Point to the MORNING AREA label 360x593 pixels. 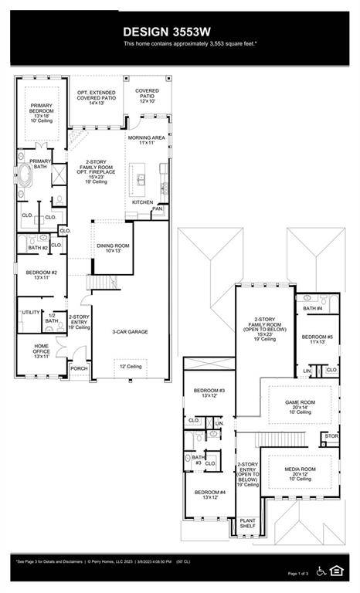[x=147, y=139]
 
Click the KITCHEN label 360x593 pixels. [x=142, y=202]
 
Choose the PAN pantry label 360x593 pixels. [x=158, y=208]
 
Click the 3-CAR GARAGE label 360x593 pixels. [x=130, y=332]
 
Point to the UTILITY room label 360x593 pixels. [x=31, y=313]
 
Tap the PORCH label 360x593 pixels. [x=79, y=368]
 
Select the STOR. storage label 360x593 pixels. [x=331, y=436]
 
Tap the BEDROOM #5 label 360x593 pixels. [x=317, y=339]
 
